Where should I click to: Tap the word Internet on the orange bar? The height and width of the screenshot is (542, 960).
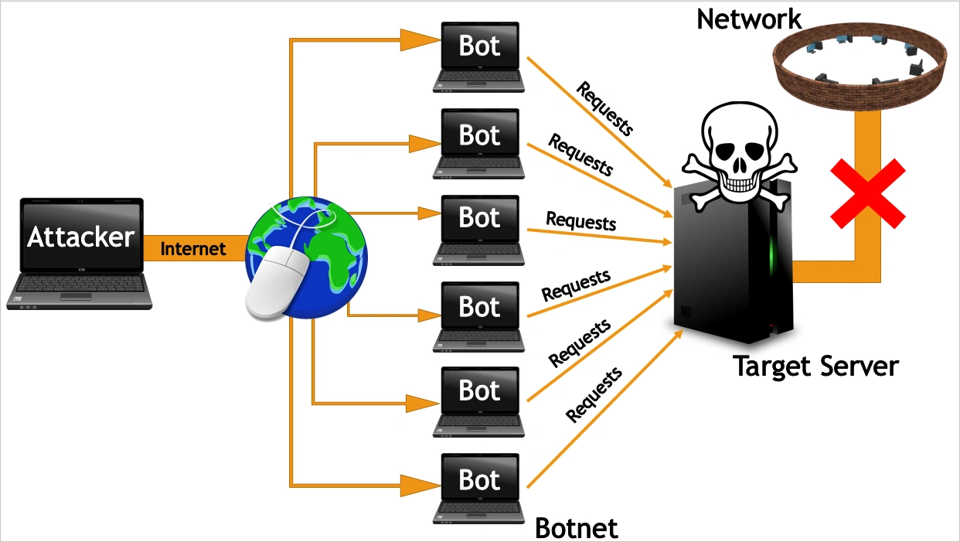(x=193, y=249)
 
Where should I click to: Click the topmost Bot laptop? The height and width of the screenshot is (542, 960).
(x=479, y=56)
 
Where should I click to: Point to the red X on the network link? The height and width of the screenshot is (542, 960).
(x=866, y=193)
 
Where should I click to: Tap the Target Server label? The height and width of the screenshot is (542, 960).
(x=815, y=366)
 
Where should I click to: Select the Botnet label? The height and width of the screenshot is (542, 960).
(x=577, y=528)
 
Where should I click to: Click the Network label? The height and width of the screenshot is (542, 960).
(x=749, y=19)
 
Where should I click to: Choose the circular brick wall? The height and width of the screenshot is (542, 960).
(x=859, y=70)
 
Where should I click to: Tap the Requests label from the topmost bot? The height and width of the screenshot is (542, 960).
(x=604, y=107)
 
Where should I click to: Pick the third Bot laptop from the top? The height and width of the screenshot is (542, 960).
(x=479, y=229)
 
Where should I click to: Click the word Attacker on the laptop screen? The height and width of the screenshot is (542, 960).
(x=80, y=237)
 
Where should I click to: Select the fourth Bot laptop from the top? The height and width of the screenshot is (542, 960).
(x=479, y=315)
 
